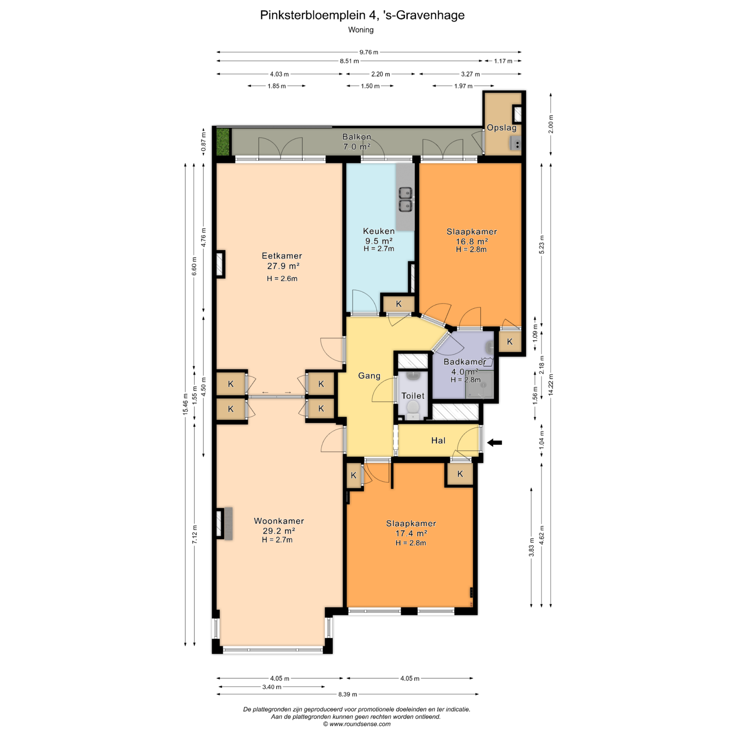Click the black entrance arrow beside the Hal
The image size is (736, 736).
click(x=494, y=443)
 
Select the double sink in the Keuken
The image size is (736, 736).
click(x=405, y=199)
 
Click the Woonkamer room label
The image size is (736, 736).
click(x=279, y=521)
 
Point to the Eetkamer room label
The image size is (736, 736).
click(x=282, y=256)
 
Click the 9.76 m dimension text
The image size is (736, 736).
click(x=368, y=52)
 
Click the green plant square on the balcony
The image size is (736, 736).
click(x=223, y=142)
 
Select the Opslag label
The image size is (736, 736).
click(x=502, y=128)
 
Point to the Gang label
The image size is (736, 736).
click(x=369, y=376)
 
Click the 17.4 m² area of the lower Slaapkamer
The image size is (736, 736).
click(x=411, y=533)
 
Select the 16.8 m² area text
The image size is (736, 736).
click(x=472, y=242)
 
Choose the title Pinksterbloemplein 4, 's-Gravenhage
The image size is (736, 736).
click(x=362, y=15)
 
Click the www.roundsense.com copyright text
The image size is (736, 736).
click(x=356, y=724)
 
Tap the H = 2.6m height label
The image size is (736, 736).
click(x=282, y=279)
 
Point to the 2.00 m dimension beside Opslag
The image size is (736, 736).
click(x=551, y=124)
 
